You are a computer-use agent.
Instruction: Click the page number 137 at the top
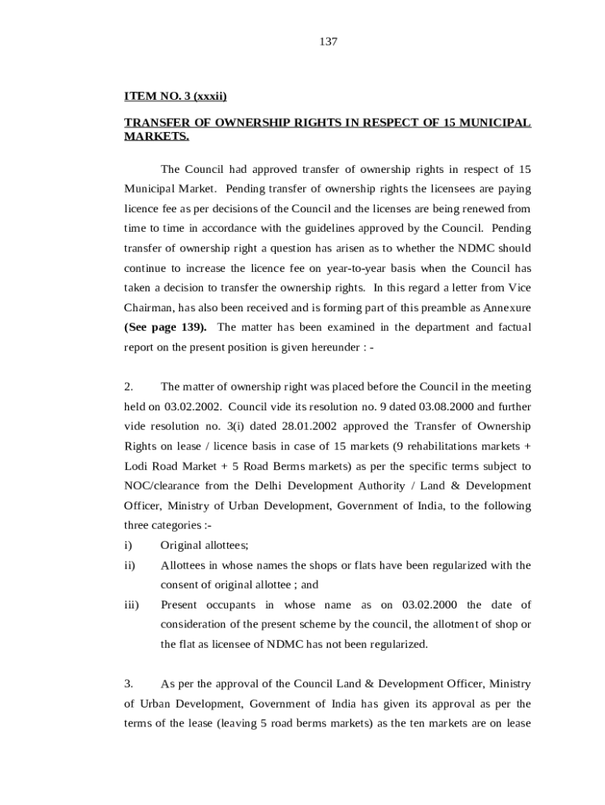tap(328, 42)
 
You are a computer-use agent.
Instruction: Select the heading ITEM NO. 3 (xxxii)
tap(175, 97)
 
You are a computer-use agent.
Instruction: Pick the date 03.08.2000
tap(446, 406)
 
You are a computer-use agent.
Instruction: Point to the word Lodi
tap(139, 465)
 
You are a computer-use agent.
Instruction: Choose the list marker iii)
tap(131, 605)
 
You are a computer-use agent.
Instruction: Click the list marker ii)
tap(130, 565)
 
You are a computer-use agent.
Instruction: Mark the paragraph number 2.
tap(129, 387)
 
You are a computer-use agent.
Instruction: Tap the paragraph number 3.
tap(129, 683)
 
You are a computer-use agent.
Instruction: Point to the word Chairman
tap(150, 307)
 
